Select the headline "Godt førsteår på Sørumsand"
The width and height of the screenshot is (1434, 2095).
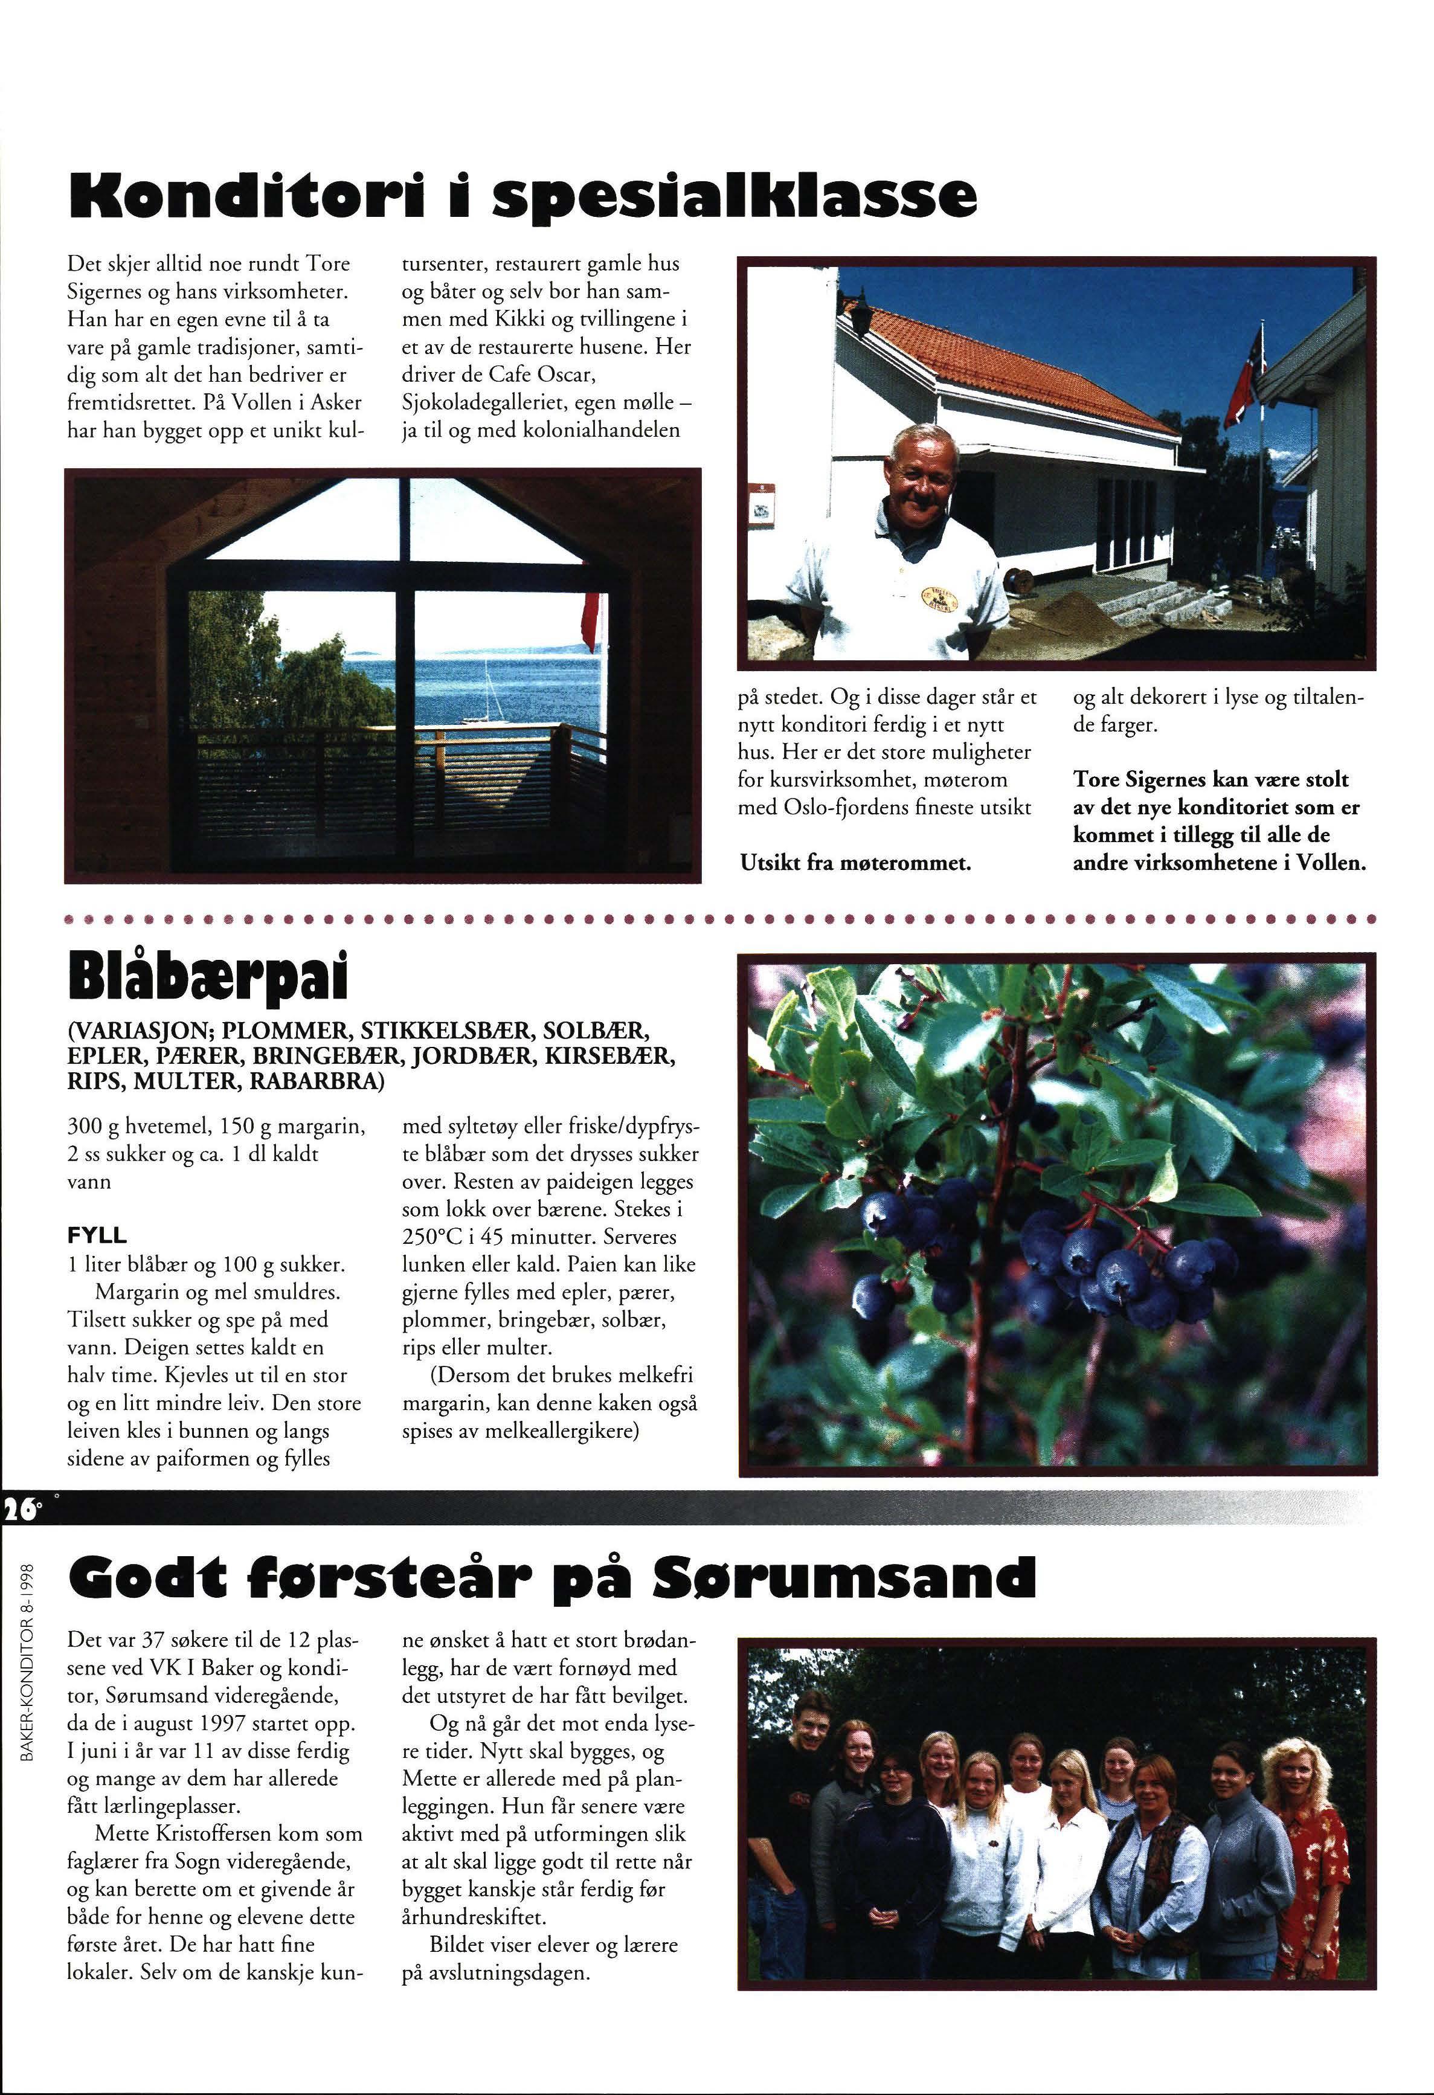pyautogui.click(x=551, y=1575)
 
